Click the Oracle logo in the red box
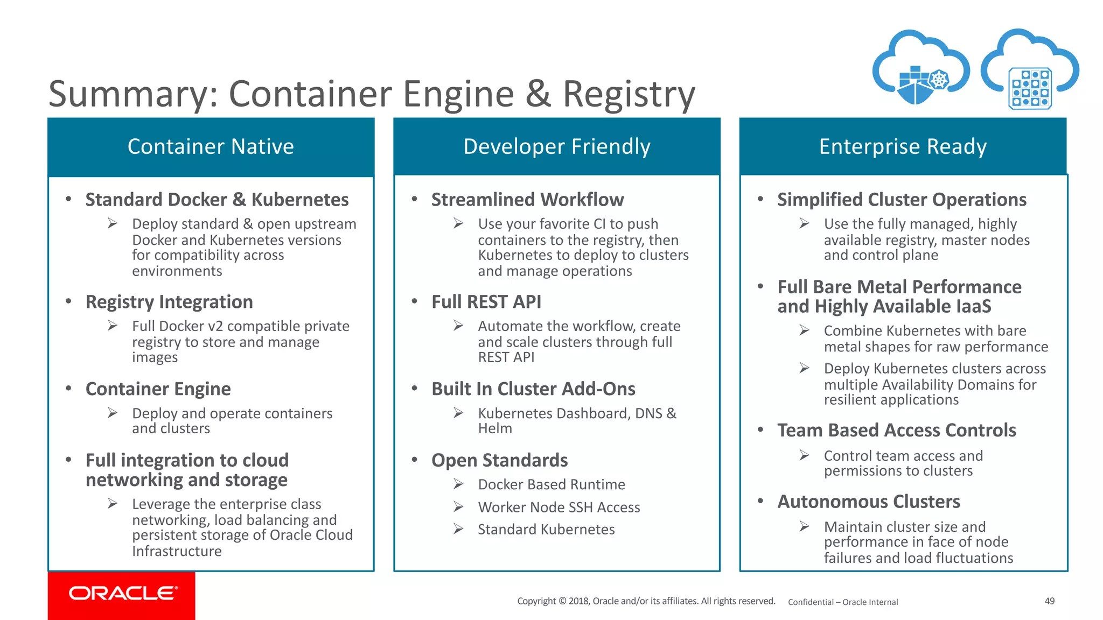(123, 593)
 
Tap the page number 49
(1049, 601)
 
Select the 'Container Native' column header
(211, 146)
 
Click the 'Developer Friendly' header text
(556, 146)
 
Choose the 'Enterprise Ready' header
(903, 146)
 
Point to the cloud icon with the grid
(1029, 70)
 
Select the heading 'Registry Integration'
(169, 302)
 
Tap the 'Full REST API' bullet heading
(486, 302)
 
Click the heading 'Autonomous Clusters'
(868, 502)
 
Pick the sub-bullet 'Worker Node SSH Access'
(559, 508)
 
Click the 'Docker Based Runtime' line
(551, 484)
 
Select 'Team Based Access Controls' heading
(896, 430)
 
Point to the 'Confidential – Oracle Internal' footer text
(843, 602)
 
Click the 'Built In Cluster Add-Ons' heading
(533, 389)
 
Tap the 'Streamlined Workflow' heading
(527, 200)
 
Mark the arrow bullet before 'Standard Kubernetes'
(458, 529)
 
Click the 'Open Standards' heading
(499, 461)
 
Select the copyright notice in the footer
(646, 601)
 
